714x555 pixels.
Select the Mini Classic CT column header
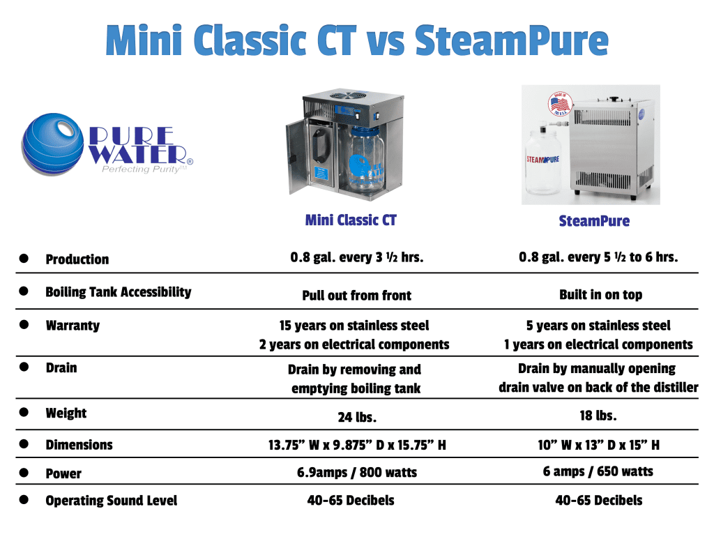click(351, 220)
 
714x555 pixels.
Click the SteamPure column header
click(594, 221)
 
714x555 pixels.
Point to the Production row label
click(77, 259)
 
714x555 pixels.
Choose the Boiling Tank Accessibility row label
click(118, 292)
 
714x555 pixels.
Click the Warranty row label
click(73, 326)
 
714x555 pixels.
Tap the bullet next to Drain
click(24, 367)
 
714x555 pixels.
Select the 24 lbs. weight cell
click(357, 417)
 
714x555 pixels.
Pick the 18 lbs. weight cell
click(598, 416)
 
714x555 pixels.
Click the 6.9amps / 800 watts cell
click(357, 473)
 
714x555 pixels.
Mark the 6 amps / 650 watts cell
click(598, 471)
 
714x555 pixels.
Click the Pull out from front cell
click(356, 296)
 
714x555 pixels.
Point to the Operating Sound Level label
click(111, 501)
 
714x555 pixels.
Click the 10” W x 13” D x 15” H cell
click(598, 445)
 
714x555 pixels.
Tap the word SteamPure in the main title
click(511, 41)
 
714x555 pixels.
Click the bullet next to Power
click(24, 473)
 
